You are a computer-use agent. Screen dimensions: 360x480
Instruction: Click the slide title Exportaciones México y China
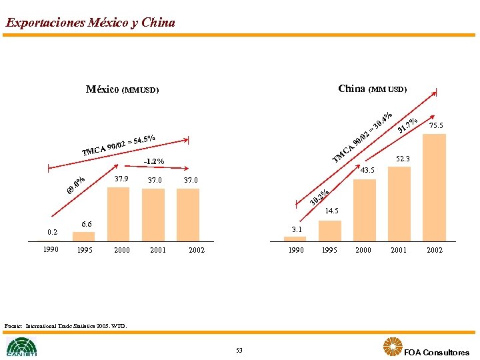coord(90,23)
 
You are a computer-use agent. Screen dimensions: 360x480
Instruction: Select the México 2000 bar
coord(119,213)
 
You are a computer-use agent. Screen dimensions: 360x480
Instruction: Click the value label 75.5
coord(437,125)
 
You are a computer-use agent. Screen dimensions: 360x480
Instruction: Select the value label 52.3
coord(403,159)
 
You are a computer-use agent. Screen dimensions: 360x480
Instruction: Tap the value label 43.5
coord(367,171)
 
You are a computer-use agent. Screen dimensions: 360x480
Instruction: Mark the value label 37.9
coord(121,179)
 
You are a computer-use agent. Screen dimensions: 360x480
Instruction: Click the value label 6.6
coord(86,225)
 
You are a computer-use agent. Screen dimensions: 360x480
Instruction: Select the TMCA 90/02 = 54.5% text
coord(119,145)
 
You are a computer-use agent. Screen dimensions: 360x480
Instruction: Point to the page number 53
coord(239,351)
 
